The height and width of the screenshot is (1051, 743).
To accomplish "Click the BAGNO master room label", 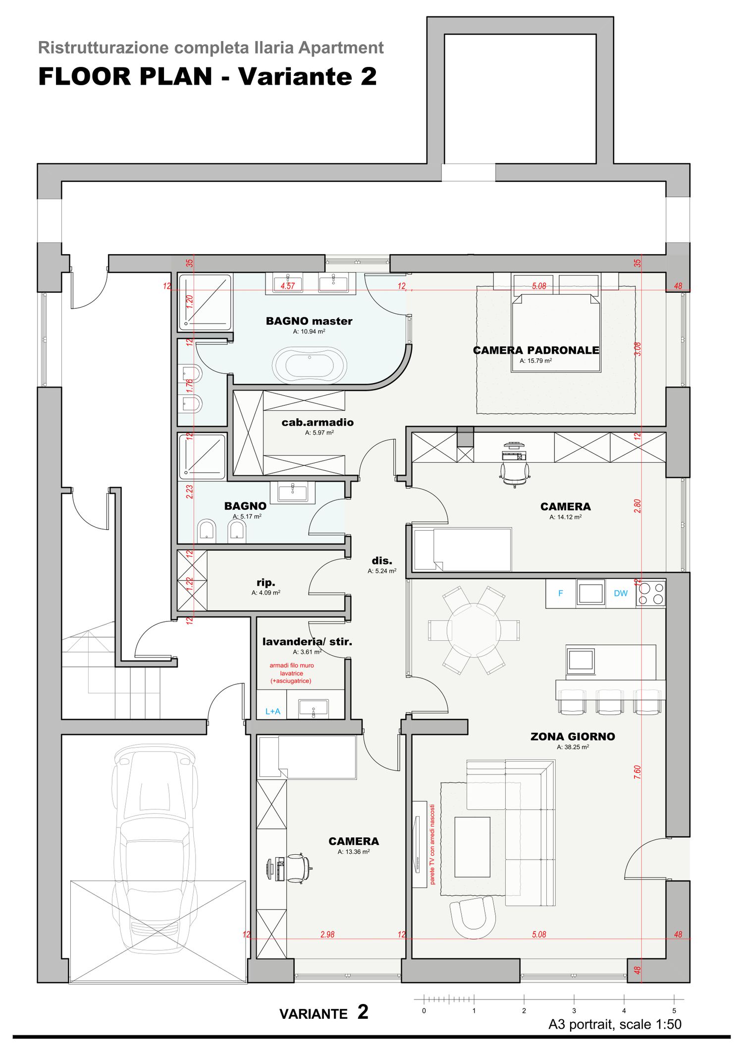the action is point(309,321).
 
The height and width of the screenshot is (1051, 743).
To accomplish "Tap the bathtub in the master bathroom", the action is point(310,366).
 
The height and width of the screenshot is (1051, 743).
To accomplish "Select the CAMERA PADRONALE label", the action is point(536,350).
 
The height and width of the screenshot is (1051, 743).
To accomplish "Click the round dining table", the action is point(474,630).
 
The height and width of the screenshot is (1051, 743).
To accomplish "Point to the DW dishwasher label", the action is point(621,593).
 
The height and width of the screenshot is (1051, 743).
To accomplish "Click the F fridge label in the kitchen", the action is point(561,593).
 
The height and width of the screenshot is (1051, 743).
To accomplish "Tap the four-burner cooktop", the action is point(651,593).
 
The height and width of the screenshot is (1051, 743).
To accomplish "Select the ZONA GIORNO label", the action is point(573,736).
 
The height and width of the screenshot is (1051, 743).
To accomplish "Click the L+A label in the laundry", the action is point(273,712).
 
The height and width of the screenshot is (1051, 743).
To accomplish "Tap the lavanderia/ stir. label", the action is point(307,642).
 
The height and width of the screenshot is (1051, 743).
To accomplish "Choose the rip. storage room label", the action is point(266,583).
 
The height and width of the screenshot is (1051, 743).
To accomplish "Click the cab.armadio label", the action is point(318,422).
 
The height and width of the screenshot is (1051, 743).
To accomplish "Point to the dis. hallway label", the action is point(382,560).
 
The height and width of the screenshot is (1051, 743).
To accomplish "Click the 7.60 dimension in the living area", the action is point(637,772).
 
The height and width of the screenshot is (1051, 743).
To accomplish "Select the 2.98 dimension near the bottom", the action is point(327,935).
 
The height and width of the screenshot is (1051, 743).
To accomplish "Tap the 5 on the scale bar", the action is point(674,1010).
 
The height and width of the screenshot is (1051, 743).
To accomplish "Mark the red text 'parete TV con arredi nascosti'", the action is point(432,844).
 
